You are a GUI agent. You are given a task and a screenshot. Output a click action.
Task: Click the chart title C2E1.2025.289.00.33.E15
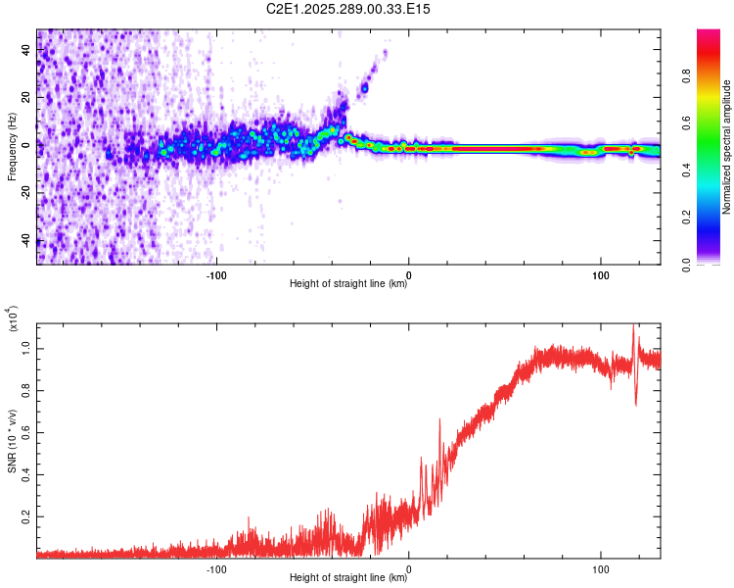click(x=349, y=10)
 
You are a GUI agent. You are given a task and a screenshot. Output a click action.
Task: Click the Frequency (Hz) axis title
click(x=12, y=147)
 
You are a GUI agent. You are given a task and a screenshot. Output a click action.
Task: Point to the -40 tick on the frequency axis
click(x=24, y=240)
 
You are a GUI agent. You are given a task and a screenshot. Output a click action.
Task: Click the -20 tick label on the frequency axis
click(x=24, y=193)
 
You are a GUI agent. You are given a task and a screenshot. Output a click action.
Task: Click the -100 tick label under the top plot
click(x=216, y=273)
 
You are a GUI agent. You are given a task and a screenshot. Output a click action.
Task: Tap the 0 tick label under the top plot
click(x=408, y=273)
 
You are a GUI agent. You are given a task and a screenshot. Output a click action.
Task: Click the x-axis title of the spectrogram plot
click(x=348, y=285)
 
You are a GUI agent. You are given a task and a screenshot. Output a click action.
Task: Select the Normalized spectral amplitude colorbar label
click(x=726, y=147)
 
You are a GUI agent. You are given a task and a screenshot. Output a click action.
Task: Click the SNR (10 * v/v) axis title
click(x=12, y=441)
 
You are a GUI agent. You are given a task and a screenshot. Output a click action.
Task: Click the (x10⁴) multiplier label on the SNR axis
click(x=14, y=319)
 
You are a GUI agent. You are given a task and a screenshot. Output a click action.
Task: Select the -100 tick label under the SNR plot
click(x=216, y=567)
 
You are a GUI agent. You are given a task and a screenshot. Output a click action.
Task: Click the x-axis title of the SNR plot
click(x=348, y=579)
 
